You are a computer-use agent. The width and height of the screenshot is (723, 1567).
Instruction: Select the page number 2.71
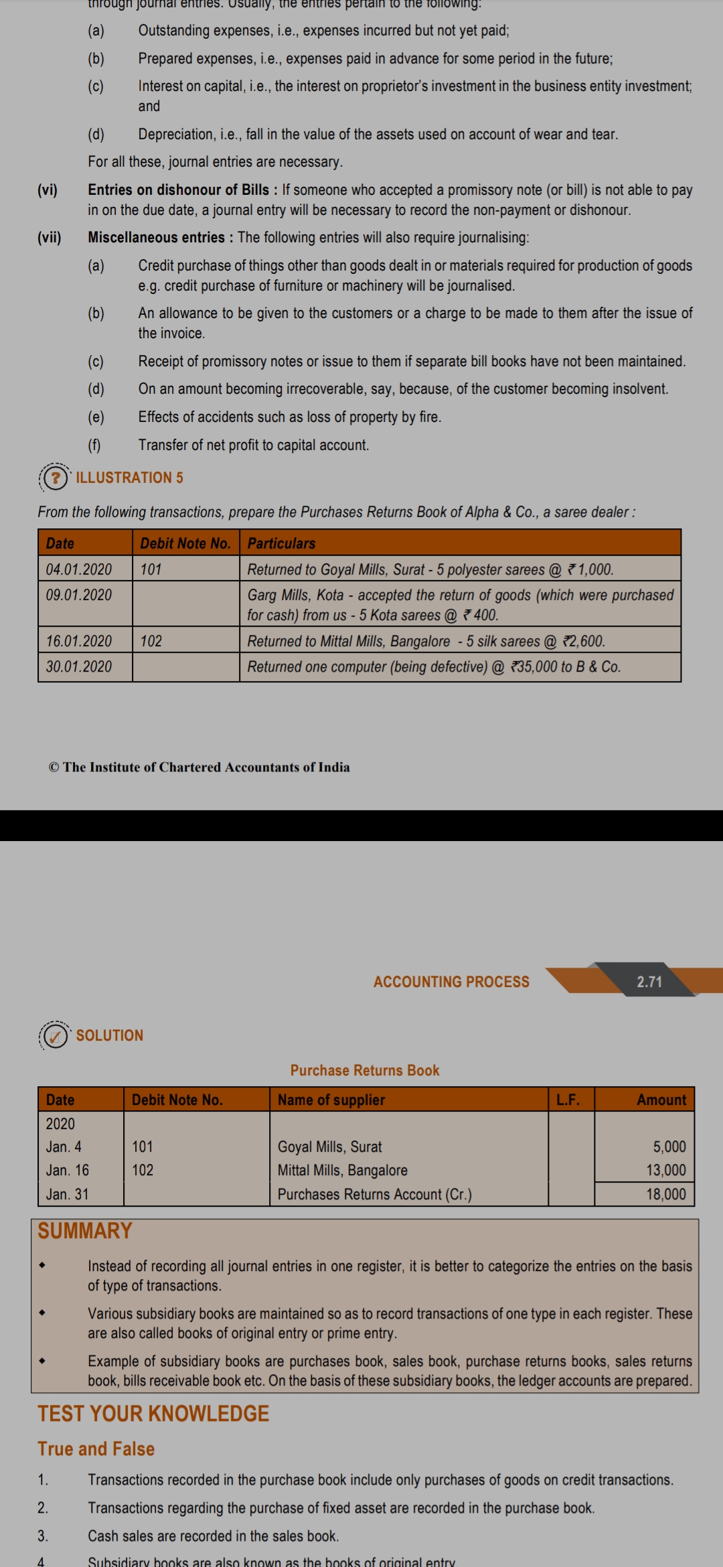649,982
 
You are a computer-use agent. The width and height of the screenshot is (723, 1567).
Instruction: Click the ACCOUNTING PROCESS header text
451,982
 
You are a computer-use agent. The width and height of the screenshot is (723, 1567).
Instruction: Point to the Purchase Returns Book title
365,1070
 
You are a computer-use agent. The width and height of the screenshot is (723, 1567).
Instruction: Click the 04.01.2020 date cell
79,569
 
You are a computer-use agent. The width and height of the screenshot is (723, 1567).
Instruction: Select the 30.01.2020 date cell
79,666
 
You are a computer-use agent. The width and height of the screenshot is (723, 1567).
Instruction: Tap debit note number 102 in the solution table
143,1170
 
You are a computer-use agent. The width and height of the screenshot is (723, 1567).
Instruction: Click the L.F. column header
568,1100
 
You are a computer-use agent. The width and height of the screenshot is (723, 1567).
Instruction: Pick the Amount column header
661,1100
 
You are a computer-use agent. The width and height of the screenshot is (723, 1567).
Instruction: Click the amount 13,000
665,1170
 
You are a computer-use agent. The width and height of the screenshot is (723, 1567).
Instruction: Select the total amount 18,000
665,1194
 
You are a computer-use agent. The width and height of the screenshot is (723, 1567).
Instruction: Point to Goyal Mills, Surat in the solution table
330,1146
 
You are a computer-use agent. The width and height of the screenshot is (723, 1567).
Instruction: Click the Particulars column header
281,543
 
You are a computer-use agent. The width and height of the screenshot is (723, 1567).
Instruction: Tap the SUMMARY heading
85,1231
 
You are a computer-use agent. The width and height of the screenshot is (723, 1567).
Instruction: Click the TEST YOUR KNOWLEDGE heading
153,1414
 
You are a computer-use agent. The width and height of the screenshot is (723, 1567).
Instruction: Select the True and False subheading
96,1448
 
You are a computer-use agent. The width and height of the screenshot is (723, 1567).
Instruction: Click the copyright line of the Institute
199,767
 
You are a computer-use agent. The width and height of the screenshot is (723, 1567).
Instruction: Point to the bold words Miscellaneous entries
157,238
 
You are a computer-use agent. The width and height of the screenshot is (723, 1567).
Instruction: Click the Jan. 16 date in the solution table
68,1170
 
